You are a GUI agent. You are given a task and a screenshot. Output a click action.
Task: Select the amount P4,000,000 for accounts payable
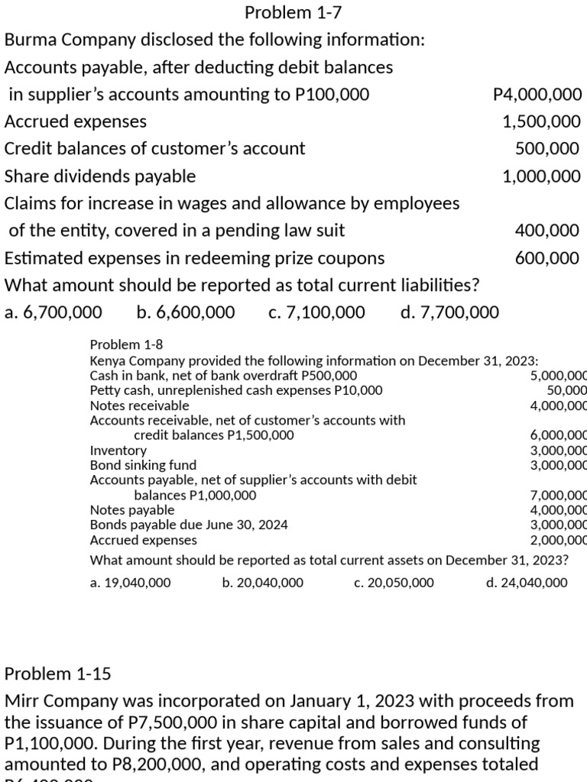click(537, 95)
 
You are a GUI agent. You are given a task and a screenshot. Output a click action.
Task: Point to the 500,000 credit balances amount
click(547, 149)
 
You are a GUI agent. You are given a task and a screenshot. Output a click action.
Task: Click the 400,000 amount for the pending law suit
click(547, 231)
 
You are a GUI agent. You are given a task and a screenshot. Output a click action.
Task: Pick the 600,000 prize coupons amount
click(547, 258)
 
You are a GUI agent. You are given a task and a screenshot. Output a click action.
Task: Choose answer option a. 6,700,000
click(53, 312)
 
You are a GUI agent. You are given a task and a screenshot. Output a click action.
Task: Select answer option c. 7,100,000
click(317, 312)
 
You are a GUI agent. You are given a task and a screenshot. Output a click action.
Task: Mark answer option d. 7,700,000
click(449, 312)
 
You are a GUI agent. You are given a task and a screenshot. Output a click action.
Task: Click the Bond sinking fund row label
click(143, 465)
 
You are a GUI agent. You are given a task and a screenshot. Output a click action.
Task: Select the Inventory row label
click(118, 451)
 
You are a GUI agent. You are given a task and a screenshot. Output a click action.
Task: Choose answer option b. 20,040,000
click(262, 583)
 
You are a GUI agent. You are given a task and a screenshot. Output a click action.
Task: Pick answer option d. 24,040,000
click(527, 583)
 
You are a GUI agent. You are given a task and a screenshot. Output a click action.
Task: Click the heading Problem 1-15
click(58, 674)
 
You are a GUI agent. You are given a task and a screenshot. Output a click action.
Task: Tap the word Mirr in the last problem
click(24, 700)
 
